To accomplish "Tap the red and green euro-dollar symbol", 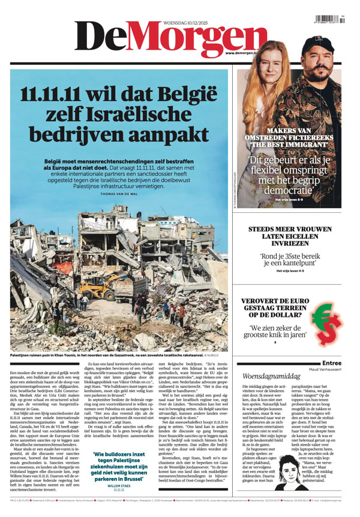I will click(328, 320).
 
